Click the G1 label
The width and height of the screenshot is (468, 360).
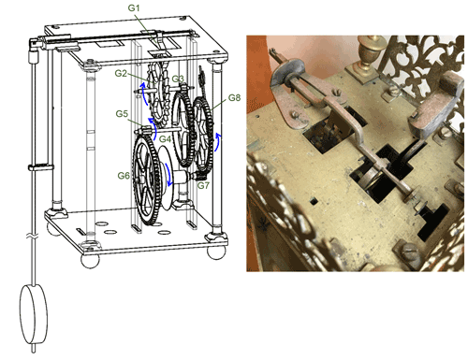click(x=134, y=7)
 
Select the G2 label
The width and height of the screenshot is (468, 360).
click(x=121, y=73)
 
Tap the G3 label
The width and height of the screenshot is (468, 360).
click(x=178, y=79)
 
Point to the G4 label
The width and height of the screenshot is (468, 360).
click(x=165, y=138)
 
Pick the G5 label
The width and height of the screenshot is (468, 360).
click(x=122, y=114)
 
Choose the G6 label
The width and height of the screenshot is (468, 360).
click(x=124, y=176)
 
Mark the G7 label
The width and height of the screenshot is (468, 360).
click(x=203, y=185)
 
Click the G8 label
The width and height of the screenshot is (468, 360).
click(x=234, y=98)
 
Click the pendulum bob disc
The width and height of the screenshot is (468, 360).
click(x=34, y=313)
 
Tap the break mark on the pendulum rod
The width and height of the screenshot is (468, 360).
click(x=34, y=237)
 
